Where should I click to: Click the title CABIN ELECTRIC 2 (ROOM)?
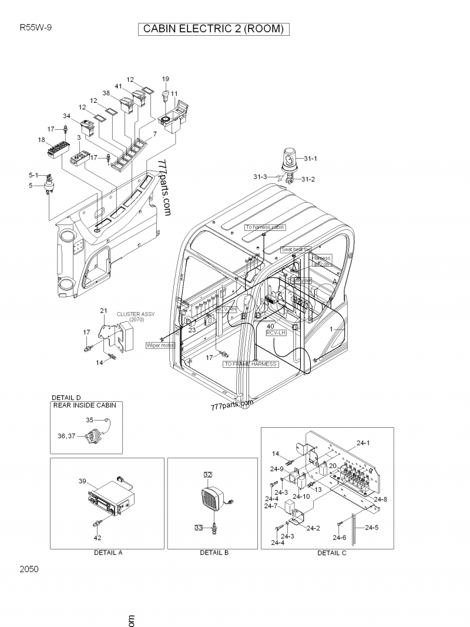214,29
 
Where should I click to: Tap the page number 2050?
29,569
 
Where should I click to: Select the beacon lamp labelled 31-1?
290,159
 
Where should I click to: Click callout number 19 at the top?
165,79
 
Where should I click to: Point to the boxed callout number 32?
207,474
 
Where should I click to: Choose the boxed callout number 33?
199,528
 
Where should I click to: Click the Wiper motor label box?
160,346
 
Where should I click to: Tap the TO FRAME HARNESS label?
250,364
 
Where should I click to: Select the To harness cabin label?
264,227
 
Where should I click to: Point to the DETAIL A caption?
108,552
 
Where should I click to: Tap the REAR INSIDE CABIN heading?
85,405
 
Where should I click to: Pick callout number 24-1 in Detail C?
364,443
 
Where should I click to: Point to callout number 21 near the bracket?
103,310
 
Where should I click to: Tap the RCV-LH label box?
275,333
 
